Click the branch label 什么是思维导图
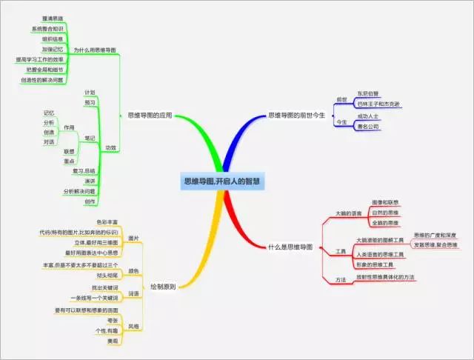point(290,246)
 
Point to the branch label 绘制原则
point(162,285)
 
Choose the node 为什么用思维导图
point(95,50)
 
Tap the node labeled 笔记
point(90,137)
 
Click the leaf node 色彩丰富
point(109,221)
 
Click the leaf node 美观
point(112,341)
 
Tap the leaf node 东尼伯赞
point(367,93)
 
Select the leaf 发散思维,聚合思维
point(435,244)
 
